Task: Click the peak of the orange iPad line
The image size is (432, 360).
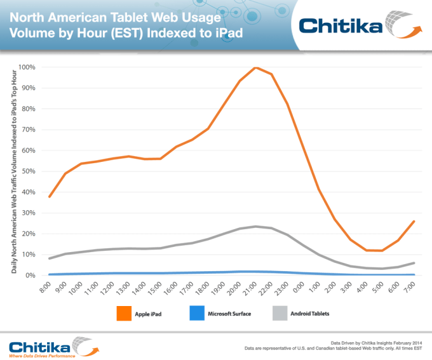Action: pos(255,68)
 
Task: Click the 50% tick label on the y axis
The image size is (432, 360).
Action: pos(29,171)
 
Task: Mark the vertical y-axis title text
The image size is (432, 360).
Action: pos(13,171)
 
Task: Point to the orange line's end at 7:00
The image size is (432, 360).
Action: pos(414,221)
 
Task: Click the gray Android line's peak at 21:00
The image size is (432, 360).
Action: pos(255,226)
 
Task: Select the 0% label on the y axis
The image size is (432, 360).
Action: pos(30,275)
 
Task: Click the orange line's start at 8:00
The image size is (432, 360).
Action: pos(50,197)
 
